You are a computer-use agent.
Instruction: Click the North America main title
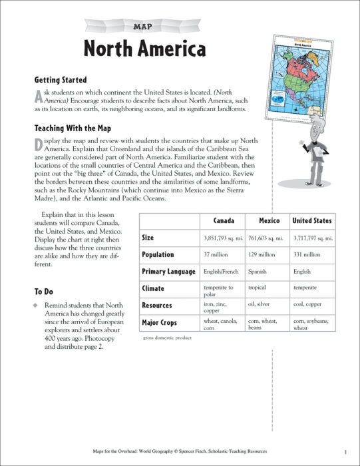click(144, 49)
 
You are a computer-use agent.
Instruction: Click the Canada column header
click(223, 220)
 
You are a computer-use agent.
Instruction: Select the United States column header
click(312, 220)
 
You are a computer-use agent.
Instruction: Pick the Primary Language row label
click(168, 272)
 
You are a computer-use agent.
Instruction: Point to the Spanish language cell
click(257, 272)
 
